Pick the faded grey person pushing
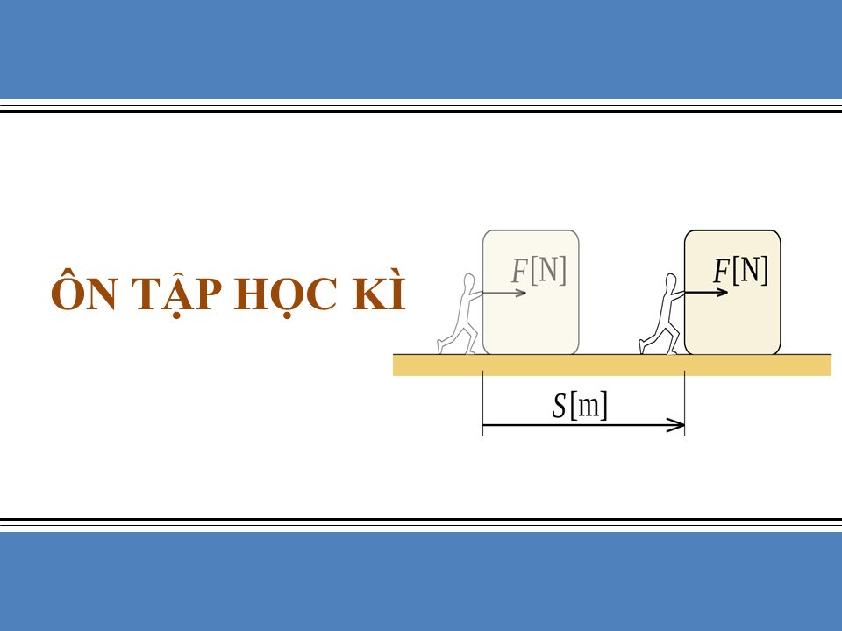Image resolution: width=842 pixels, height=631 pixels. pos(460,315)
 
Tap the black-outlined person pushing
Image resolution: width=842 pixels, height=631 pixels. pos(662,315)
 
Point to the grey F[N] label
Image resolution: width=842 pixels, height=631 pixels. pos(539,271)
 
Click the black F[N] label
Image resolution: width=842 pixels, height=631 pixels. pos(741,271)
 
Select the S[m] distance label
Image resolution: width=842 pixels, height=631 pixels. pos(580,408)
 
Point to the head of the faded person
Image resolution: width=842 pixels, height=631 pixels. pos(470,282)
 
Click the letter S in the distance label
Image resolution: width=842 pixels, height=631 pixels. pos(560,408)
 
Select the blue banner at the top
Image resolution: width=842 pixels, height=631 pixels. pos(421,48)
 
